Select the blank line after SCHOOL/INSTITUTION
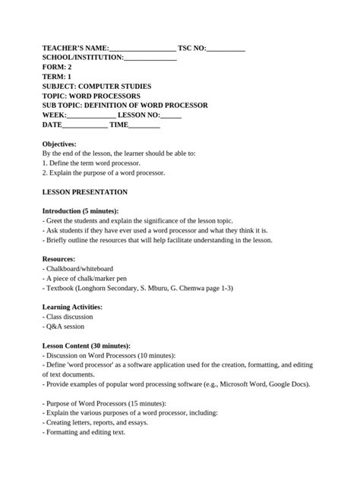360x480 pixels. [150, 57]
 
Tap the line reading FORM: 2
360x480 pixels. [57, 67]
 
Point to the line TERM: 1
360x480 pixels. [58, 77]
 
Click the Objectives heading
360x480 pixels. [59, 144]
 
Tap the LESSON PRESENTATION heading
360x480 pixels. [85, 192]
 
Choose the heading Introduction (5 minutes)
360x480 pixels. [81, 210]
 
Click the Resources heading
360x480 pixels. [58, 259]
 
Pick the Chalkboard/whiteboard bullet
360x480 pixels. [80, 269]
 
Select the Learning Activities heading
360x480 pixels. [72, 307]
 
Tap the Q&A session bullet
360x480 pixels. [67, 327]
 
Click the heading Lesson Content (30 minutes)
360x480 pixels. [87, 346]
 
